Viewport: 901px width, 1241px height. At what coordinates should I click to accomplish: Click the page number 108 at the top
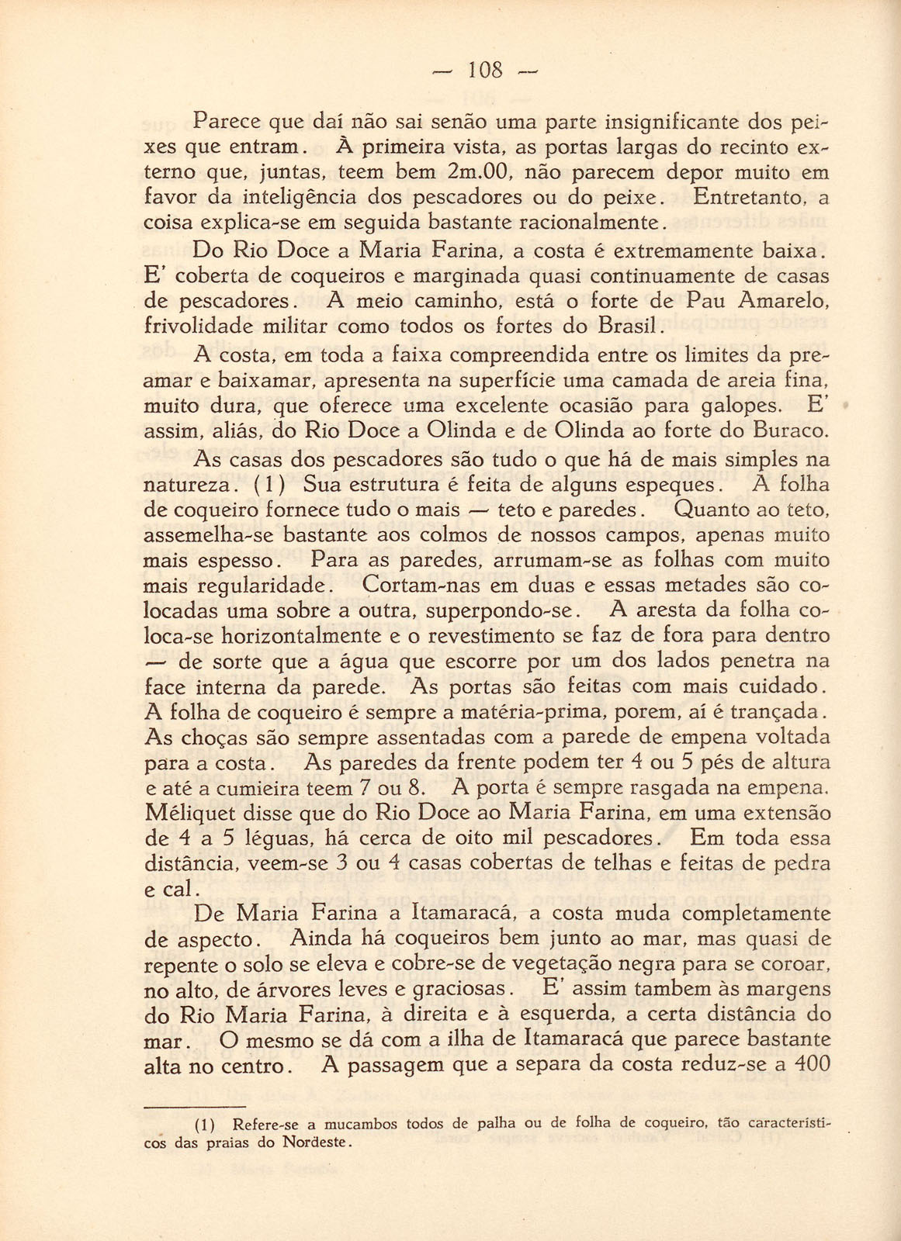coord(486,71)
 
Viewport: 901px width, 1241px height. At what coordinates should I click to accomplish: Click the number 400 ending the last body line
coord(813,1065)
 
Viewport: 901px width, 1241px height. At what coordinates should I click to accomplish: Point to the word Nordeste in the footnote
coord(314,1142)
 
